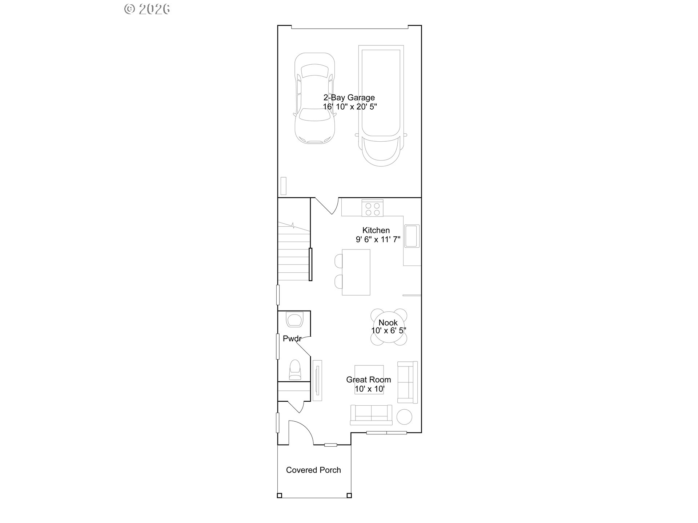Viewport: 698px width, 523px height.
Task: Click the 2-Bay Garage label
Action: click(x=349, y=97)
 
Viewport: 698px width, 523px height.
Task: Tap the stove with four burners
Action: click(x=372, y=208)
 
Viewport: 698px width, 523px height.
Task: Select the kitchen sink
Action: click(x=412, y=236)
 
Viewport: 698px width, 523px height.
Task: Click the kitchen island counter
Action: click(x=356, y=272)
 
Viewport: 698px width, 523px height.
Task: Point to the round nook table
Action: click(x=388, y=327)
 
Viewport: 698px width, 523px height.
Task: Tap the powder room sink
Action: click(x=294, y=319)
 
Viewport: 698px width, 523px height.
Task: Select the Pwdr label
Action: click(x=292, y=338)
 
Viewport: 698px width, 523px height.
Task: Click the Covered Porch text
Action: click(x=313, y=470)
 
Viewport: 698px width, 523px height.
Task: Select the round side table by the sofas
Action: click(x=404, y=417)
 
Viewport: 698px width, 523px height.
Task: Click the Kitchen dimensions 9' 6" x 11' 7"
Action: click(x=378, y=239)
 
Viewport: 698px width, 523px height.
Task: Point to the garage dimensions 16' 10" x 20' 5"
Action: click(x=350, y=107)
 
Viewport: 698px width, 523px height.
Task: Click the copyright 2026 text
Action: click(x=147, y=9)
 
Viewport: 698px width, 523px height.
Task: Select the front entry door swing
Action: click(x=301, y=433)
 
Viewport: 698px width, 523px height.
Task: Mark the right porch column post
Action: click(x=349, y=495)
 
